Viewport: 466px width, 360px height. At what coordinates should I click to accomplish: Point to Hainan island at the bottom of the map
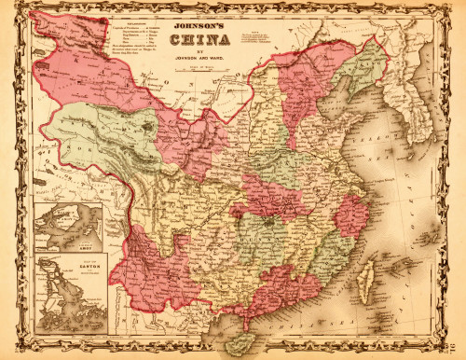(244, 341)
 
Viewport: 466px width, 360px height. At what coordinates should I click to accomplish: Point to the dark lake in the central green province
(269, 223)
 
